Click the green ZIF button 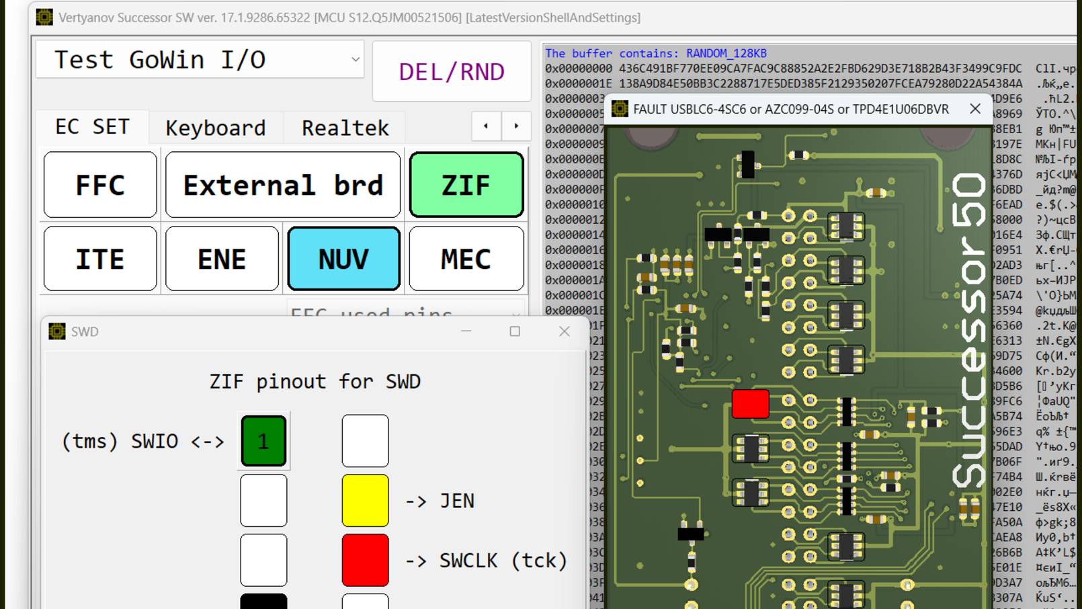[466, 185]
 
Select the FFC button [100, 185]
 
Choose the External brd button [283, 185]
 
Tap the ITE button [100, 259]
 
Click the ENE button [222, 259]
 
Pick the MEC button [466, 259]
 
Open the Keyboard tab [216, 128]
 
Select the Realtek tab [345, 128]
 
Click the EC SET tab [93, 127]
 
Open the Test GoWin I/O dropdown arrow [356, 59]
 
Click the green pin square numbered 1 [263, 441]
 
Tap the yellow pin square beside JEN [365, 501]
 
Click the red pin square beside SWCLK [365, 560]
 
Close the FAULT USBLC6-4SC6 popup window [975, 109]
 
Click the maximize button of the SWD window [515, 331]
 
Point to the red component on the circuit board [750, 404]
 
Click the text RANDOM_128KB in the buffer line [726, 53]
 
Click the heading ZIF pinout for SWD [315, 382]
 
